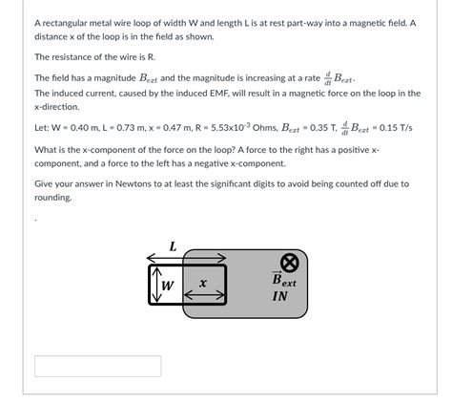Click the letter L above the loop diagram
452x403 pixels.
tap(173, 245)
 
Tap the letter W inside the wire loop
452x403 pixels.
tap(167, 285)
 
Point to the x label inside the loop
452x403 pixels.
tap(203, 284)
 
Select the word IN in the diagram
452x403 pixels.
tap(279, 296)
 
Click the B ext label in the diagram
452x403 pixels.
tap(283, 281)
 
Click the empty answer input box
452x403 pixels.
tap(97, 366)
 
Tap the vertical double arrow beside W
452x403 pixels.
tap(153, 285)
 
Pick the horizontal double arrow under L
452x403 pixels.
tap(186, 257)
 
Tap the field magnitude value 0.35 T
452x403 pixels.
tap(352, 126)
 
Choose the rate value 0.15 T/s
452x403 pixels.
tap(421, 126)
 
